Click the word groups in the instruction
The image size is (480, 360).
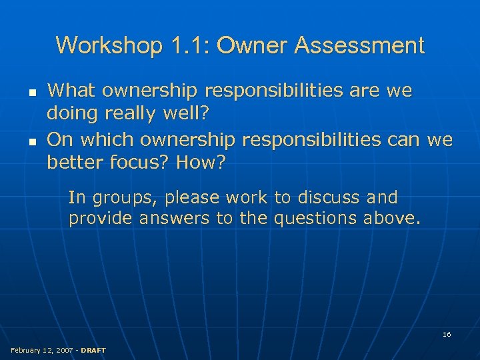coord(123,198)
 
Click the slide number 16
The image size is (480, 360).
coord(447,334)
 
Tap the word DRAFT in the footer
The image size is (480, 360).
coord(93,350)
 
